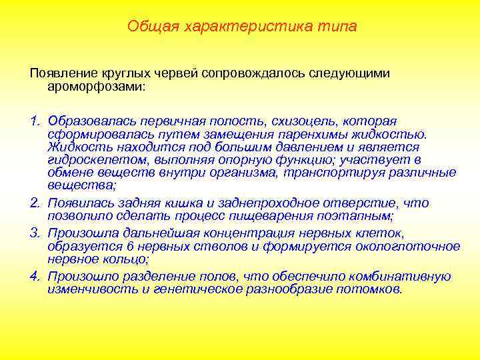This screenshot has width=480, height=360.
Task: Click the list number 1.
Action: [33, 121]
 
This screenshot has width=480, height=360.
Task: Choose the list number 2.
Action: [33, 203]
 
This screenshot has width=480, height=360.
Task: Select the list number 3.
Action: [33, 233]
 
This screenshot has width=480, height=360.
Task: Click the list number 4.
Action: [33, 276]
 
